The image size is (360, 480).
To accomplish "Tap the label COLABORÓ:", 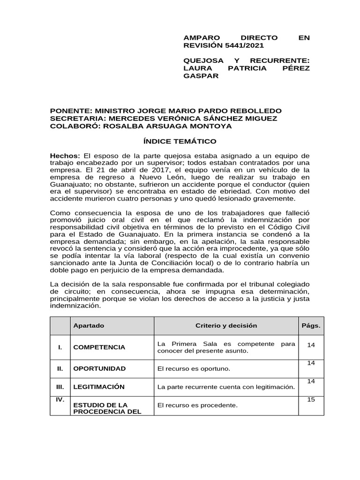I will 75,126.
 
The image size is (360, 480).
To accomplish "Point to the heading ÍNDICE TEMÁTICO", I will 180,141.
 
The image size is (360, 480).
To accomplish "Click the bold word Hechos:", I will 65,155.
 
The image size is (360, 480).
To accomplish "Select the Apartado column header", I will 89,325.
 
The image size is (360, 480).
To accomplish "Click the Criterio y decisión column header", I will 226,325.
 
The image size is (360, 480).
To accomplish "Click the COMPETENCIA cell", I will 99,347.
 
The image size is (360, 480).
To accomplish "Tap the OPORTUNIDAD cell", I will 99,368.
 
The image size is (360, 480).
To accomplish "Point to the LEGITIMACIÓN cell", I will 99,387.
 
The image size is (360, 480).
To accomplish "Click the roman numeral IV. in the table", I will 59,400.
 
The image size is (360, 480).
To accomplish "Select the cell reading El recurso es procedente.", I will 197,405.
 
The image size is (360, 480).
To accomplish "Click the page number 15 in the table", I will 311,400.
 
